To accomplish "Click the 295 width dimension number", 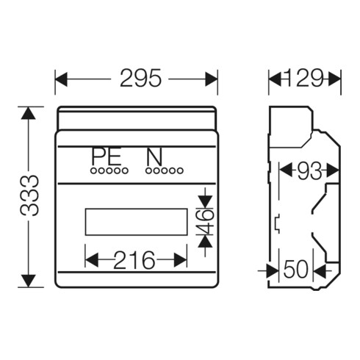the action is click(x=140, y=78).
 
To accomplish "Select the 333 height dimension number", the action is click(x=29, y=196).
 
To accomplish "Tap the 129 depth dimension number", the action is click(x=303, y=78).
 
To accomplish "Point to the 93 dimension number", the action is click(x=309, y=170).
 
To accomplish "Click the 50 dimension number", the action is click(x=295, y=269).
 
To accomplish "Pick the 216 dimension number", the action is click(x=134, y=260).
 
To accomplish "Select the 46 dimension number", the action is click(x=206, y=221).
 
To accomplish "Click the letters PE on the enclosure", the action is click(x=107, y=156).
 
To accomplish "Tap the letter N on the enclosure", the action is click(x=154, y=156).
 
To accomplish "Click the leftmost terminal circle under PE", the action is click(x=93, y=170).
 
